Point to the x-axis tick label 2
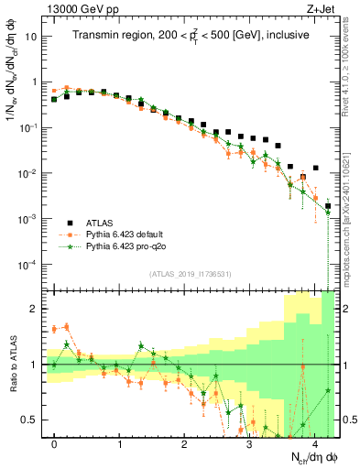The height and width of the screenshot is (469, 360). coord(185,443)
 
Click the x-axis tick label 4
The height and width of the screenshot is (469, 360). coord(314,443)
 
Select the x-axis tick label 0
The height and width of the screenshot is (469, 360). coord(55,443)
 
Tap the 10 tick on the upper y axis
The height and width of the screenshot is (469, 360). coord(31,38)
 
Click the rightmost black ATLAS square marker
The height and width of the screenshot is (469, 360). coord(328,206)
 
